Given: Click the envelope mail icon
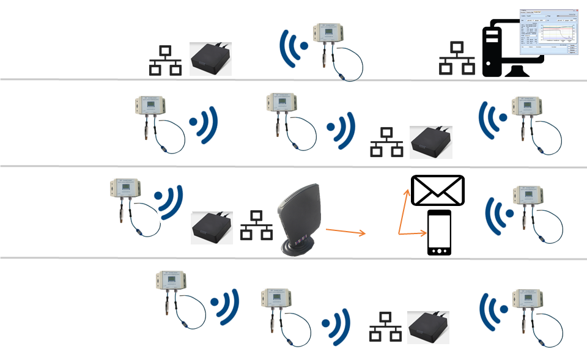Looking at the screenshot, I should point(438,190).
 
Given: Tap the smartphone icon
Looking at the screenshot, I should point(438,233).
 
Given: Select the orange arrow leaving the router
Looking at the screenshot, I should point(345,231).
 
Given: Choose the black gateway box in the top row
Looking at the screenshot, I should point(212,59).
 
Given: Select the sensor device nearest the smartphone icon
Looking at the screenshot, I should point(528,211).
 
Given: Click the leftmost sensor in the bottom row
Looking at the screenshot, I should point(173,298).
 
